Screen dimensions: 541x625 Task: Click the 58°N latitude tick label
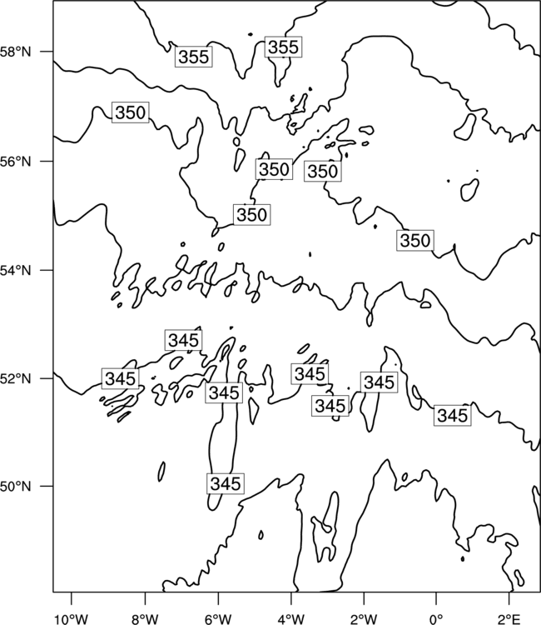16,52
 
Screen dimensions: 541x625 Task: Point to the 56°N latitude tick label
16,162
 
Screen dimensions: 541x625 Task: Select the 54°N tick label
16,270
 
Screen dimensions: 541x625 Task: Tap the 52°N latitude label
16,378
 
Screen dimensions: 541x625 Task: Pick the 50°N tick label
16,487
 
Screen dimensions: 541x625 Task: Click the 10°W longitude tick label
72,618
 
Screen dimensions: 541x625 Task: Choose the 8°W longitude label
145,618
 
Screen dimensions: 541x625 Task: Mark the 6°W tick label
218,618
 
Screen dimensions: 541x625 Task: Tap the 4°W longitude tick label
291,618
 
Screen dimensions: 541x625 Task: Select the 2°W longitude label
364,618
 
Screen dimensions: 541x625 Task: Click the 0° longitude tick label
436,618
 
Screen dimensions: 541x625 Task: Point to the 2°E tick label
509,618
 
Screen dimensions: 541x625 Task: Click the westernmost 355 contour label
193,57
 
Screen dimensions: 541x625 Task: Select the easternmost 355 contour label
283,47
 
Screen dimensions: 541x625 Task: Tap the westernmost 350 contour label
130,112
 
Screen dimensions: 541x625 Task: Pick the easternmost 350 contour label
414,240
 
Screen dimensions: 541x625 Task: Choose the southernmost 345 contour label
226,483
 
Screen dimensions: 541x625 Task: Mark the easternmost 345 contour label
452,416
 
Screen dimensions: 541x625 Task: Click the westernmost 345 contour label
120,378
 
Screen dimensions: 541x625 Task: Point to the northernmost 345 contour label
183,340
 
